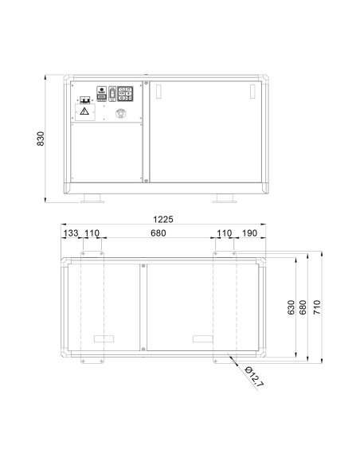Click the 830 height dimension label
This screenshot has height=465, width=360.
coord(41,139)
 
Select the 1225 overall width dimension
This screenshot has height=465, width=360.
coord(162,220)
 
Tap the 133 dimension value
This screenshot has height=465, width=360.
coord(71,233)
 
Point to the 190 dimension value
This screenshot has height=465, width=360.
coord(249,233)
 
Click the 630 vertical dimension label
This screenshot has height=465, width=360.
coord(291,307)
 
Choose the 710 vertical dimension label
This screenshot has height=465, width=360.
coord(317,307)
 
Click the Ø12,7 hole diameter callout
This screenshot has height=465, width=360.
coord(253,377)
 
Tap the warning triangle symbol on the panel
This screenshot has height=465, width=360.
coord(84,111)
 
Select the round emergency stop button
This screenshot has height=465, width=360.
coord(121,113)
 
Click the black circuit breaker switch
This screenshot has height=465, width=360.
coord(85,100)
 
